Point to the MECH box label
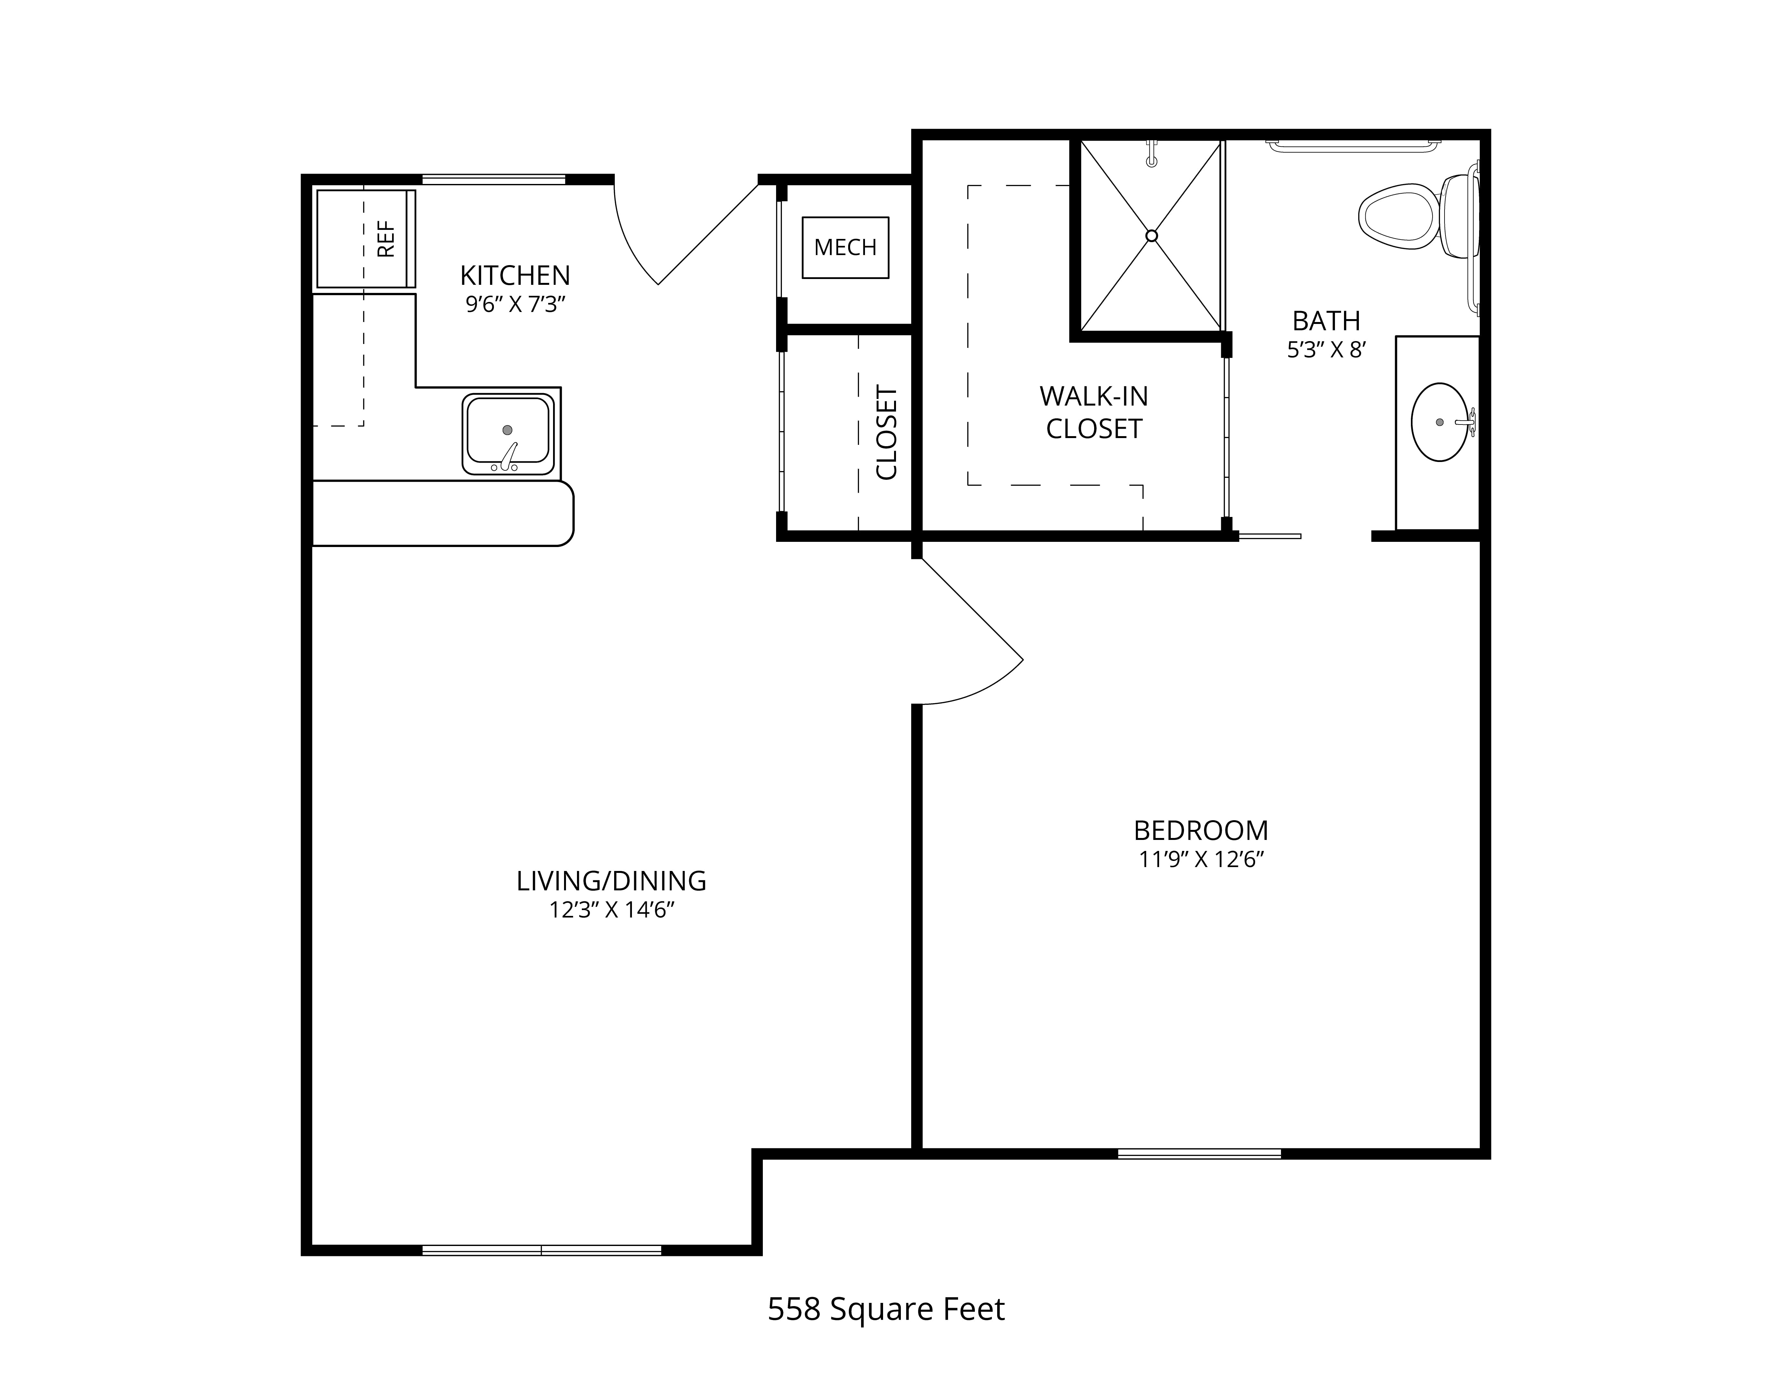[x=845, y=247]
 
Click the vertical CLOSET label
[x=887, y=432]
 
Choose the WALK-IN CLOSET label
[x=1094, y=413]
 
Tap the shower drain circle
[x=1151, y=235]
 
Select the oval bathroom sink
[x=1440, y=422]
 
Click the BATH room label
[x=1326, y=320]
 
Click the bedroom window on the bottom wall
[x=1200, y=1154]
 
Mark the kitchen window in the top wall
[x=494, y=179]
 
